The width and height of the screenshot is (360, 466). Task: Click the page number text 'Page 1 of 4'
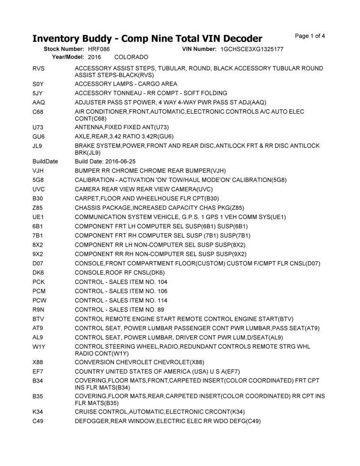coord(310,36)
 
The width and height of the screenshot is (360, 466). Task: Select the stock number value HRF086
coord(99,50)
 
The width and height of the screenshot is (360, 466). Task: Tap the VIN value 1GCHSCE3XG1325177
coord(251,50)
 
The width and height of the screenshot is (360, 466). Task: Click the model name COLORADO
coord(131,57)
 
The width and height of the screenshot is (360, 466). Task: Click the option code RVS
coord(38,68)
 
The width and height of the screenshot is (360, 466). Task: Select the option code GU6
coord(38,136)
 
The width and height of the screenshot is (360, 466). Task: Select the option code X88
coord(38,362)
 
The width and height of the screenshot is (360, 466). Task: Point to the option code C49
coord(38,421)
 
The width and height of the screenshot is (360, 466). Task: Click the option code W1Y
coord(39,346)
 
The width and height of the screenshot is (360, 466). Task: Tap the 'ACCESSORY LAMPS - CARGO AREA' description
coord(126,84)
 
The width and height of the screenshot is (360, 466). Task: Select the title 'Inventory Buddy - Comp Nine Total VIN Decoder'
coord(147,38)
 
